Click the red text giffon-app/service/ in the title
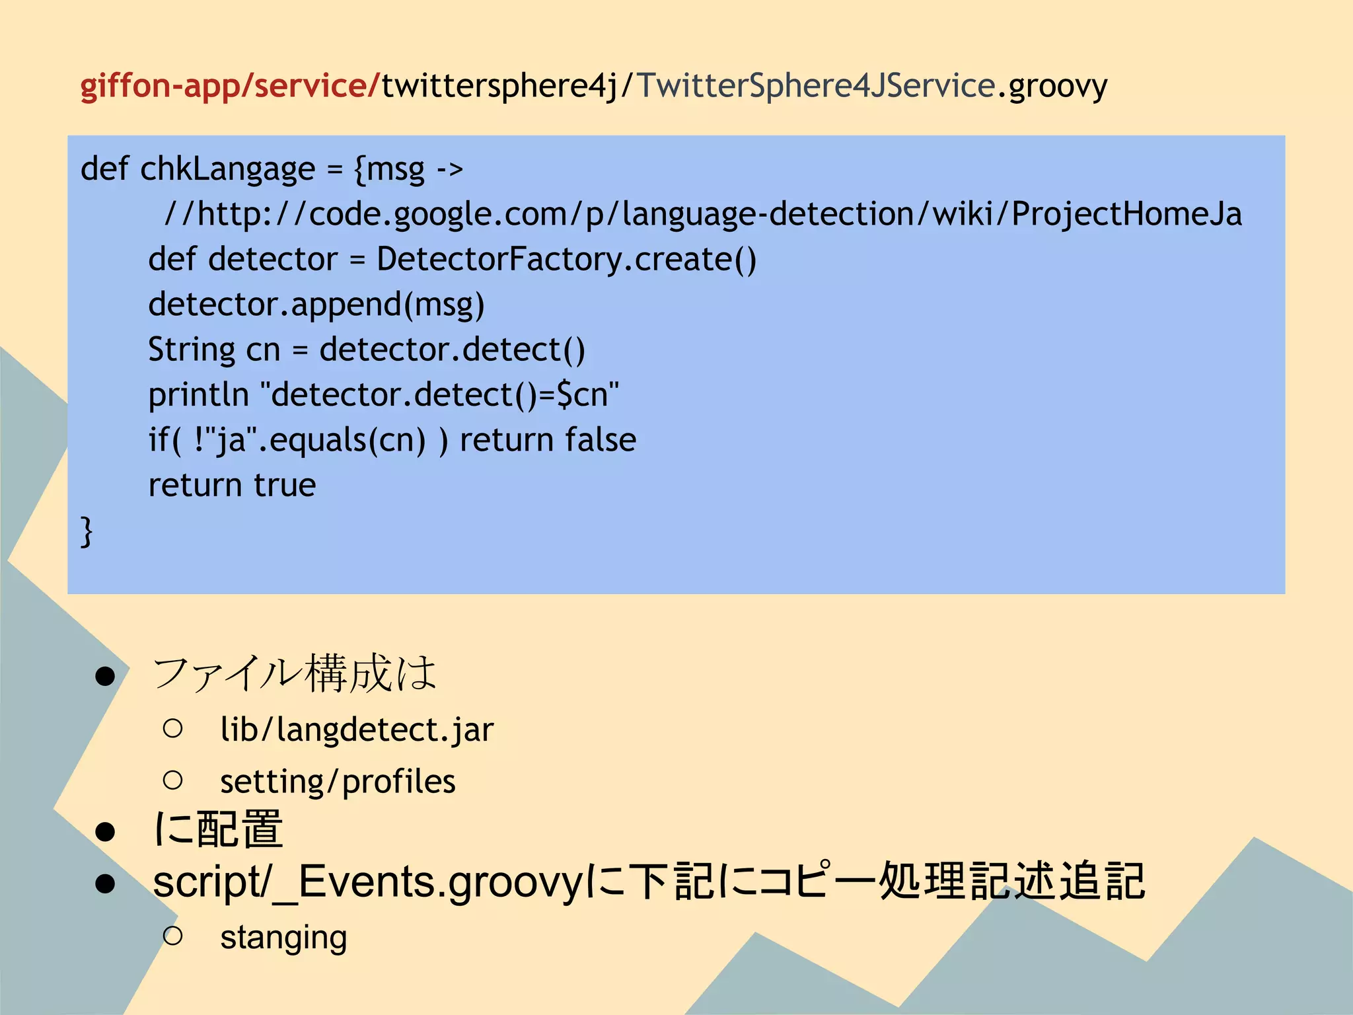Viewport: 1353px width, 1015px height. coord(230,86)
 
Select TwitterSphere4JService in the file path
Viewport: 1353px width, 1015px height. coord(816,86)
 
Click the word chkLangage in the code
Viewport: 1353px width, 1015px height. coord(227,169)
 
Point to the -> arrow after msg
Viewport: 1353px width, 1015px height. coord(449,170)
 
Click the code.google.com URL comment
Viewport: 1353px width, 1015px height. coord(703,214)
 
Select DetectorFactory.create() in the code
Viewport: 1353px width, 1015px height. coord(566,259)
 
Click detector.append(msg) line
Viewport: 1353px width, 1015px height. coord(316,305)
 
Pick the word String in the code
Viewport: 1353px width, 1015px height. coord(191,350)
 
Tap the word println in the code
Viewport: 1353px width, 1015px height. coord(198,395)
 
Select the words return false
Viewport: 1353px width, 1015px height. coord(548,440)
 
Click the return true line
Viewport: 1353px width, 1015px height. coord(232,485)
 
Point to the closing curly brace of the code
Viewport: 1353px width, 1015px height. coord(87,531)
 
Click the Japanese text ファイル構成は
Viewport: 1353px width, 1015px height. coord(295,674)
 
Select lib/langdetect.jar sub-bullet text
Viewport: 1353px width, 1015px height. coord(357,730)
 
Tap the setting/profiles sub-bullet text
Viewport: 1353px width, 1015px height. coord(338,782)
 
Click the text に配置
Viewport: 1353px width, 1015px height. coord(219,829)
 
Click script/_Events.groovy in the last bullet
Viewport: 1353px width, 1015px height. coord(367,882)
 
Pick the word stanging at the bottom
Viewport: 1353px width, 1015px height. coord(283,938)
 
